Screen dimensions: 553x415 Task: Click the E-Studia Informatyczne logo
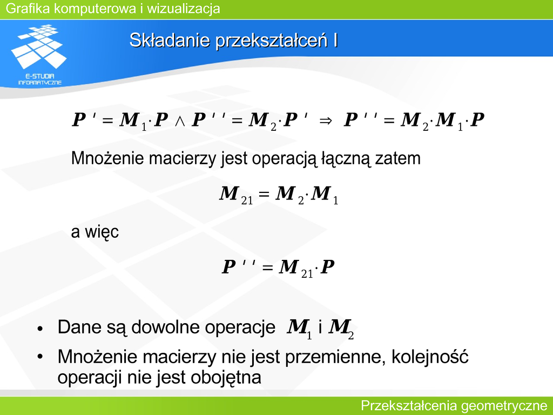(x=39, y=55)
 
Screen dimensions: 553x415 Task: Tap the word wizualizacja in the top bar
(x=184, y=9)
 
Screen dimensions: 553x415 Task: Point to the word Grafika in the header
(x=28, y=9)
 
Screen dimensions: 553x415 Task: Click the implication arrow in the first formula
(x=326, y=121)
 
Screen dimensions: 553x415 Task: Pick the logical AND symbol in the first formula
(x=180, y=121)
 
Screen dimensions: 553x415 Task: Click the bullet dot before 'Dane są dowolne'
(x=40, y=329)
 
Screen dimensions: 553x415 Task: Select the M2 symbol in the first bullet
(x=341, y=329)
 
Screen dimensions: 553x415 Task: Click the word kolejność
(x=430, y=357)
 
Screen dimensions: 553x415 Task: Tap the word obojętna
(x=226, y=377)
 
